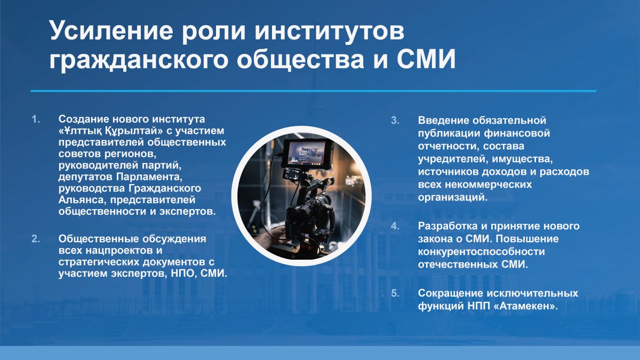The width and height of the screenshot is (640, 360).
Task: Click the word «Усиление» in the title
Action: [111, 30]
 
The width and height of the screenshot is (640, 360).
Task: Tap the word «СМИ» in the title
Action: [426, 59]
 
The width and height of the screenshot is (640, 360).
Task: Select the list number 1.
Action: [36, 119]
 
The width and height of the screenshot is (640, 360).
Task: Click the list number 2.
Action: [36, 239]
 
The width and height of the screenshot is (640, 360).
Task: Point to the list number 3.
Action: [395, 121]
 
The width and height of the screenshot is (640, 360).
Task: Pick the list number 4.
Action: [395, 226]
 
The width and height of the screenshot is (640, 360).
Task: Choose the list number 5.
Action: [395, 293]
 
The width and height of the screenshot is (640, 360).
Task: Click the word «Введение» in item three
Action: [442, 121]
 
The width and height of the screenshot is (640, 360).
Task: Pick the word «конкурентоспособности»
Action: [482, 252]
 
